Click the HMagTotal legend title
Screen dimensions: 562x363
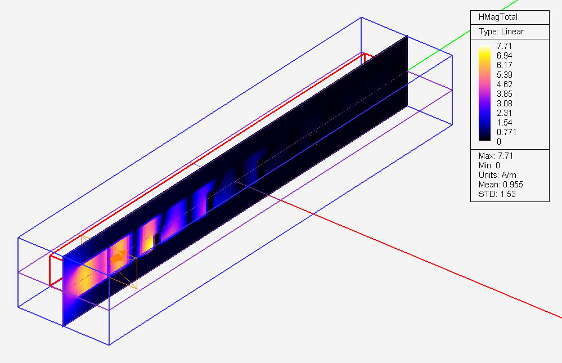[x=498, y=17]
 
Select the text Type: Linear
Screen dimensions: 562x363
[x=501, y=32]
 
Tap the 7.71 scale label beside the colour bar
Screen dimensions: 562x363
[x=504, y=46]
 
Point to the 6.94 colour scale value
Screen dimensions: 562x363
[x=504, y=56]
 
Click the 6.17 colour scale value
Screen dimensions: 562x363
[x=504, y=65]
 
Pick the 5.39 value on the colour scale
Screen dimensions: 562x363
[x=504, y=75]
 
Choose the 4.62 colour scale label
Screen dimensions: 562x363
[x=504, y=84]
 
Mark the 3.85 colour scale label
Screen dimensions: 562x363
[x=504, y=94]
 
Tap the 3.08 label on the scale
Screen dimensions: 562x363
[x=504, y=104]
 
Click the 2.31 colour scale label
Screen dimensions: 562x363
[x=504, y=113]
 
